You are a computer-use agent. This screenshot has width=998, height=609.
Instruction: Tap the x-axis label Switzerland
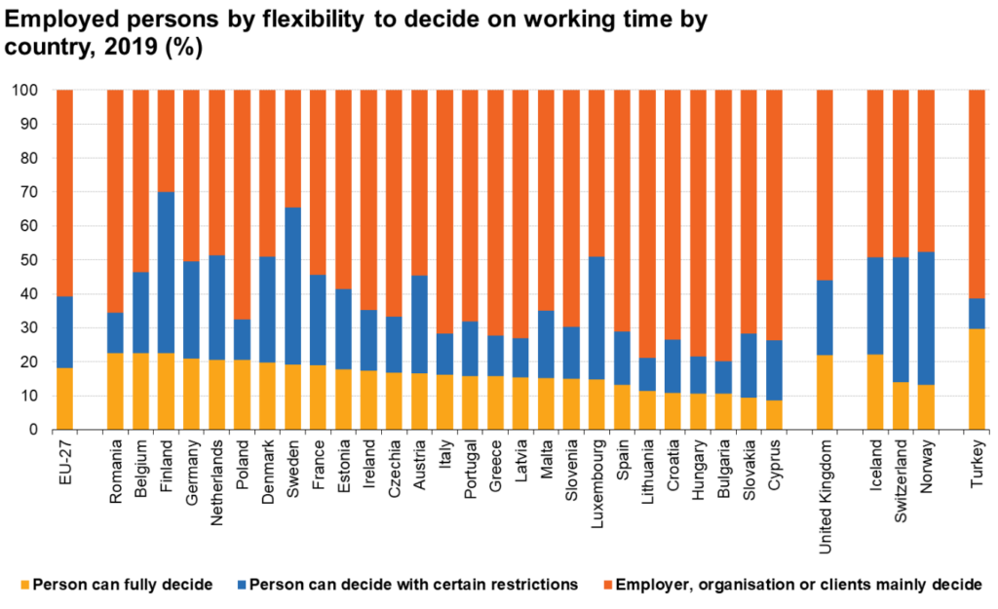coord(901,477)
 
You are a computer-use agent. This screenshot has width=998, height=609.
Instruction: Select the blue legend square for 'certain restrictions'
coord(240,585)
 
